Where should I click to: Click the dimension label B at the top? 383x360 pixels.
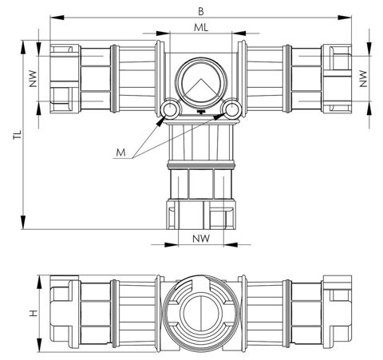tap(201, 11)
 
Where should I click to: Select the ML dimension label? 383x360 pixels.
tap(201, 27)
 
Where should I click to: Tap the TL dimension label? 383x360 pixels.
tap(18, 135)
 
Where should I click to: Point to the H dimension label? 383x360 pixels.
tap(34, 313)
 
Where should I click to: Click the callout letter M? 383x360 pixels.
tap(120, 152)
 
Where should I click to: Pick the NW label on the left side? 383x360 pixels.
tap(33, 79)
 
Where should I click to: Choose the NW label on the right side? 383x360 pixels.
tap(363, 79)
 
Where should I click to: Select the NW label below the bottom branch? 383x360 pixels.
tap(201, 239)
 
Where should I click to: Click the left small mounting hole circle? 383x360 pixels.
tap(170, 109)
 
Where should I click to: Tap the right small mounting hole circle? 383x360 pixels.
tap(231, 109)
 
